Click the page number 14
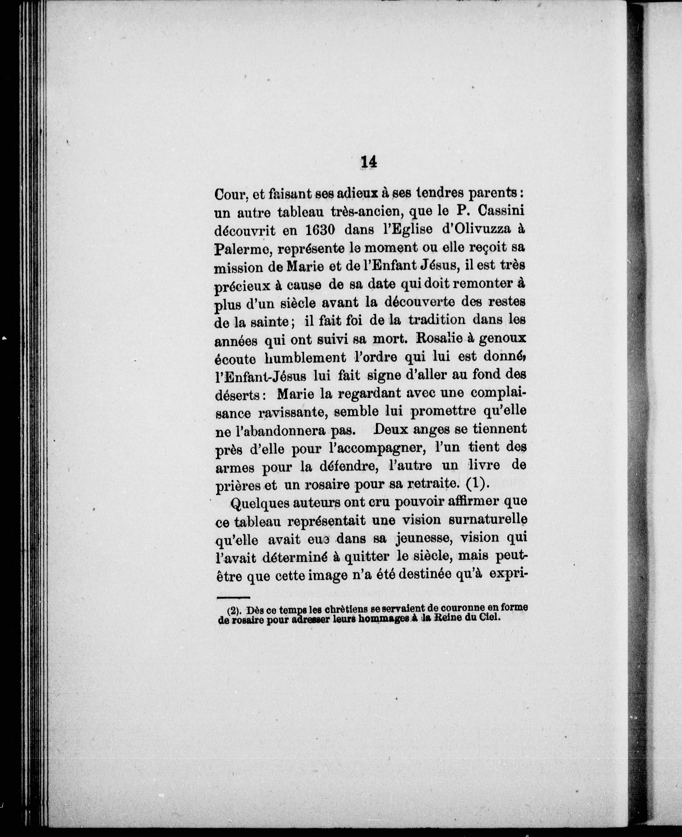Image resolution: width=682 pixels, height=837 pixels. click(x=368, y=162)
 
